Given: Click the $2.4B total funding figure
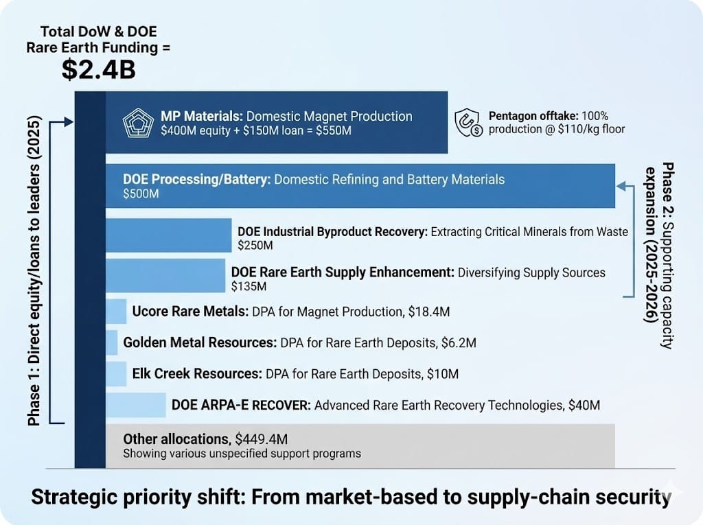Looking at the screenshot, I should pos(98,71).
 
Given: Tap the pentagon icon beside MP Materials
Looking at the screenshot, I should pos(137,123).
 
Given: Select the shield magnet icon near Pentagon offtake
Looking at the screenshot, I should pos(468,123).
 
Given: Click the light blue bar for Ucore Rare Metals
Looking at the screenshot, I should pos(116,312).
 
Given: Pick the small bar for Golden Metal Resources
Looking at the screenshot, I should pos(111,342).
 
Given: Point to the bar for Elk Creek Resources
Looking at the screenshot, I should pos(116,374).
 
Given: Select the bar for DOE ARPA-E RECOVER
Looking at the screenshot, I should pos(135,406).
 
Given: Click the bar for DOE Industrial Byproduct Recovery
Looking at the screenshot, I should pos(168,236).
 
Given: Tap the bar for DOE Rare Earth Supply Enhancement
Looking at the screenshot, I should pos(165,276).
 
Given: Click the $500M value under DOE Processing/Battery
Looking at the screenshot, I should pos(141,194).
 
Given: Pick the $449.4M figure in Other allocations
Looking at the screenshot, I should pos(264,439).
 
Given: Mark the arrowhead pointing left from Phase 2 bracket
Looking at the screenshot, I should pos(621,185).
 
